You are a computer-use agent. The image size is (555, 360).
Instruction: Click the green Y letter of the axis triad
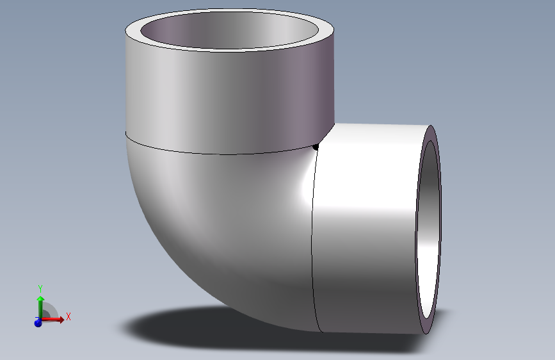point(40,288)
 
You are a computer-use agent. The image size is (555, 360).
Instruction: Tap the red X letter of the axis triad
point(68,316)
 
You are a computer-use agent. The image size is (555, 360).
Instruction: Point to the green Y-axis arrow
point(40,304)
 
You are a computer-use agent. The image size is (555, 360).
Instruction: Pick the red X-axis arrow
point(56,319)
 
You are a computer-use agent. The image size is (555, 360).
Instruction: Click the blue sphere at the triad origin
point(38,323)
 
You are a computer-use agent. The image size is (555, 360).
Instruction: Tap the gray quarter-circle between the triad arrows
point(49,312)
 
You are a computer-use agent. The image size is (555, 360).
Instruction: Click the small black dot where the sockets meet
point(316,148)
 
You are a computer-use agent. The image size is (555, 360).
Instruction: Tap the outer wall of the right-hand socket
point(365,231)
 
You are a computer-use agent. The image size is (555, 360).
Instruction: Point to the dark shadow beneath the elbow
point(192,330)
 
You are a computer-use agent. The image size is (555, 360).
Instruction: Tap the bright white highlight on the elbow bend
point(301,192)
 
